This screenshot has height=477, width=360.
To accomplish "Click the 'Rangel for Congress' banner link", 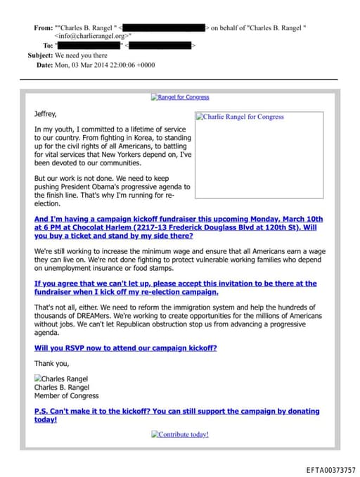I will point(180,97).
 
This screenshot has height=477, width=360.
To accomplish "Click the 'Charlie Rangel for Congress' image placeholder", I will point(240,117).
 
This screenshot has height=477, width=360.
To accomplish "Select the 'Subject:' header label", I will point(40,55).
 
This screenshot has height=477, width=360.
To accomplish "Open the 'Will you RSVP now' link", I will point(125,348).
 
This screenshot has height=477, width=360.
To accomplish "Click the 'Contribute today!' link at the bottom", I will point(180,434).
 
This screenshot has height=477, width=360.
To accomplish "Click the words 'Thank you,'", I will point(51,363).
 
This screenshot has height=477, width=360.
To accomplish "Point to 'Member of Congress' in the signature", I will point(67,396).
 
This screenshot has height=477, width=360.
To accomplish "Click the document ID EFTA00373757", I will point(331,469).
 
